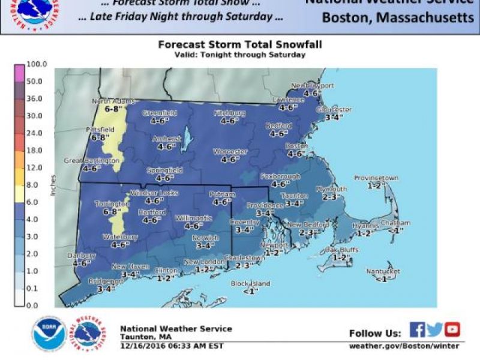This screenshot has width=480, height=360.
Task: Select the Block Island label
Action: coord(251,283)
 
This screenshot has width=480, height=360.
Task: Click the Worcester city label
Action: coord(230,152)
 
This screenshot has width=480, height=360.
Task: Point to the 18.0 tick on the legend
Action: coord(35,150)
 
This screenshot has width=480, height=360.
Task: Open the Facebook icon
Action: coord(417,329)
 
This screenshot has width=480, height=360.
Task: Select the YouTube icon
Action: coord(452,329)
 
